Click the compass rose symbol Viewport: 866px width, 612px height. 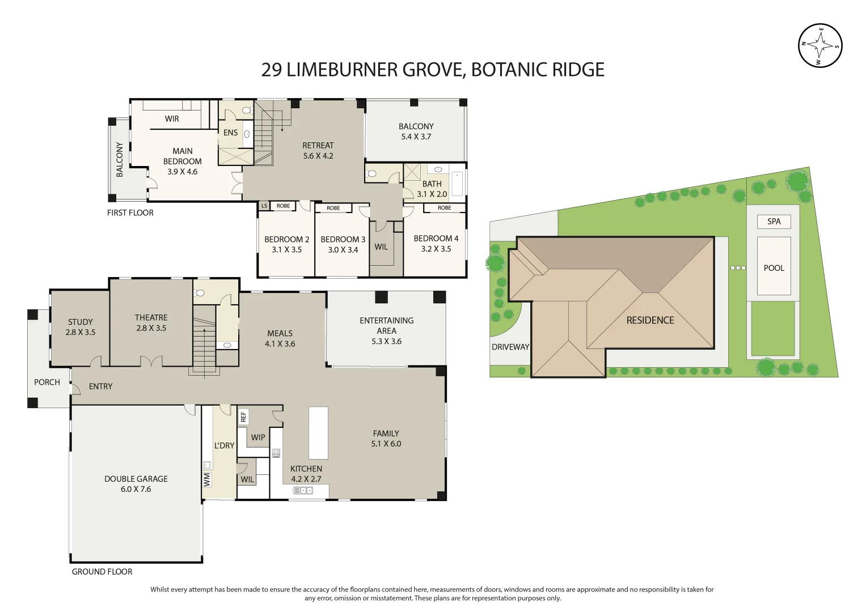point(820,46)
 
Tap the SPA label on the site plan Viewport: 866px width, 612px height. point(774,222)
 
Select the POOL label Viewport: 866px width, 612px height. point(774,268)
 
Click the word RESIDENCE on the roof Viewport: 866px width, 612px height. point(650,320)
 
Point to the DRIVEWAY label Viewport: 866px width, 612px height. point(510,347)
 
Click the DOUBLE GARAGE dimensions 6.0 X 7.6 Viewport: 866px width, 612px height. point(136,489)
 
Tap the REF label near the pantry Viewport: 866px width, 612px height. point(243,417)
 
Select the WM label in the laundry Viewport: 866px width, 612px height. point(207,480)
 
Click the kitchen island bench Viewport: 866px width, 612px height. point(318,433)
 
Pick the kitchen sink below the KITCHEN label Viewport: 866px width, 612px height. point(303,491)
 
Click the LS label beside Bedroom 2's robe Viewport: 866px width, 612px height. point(264,206)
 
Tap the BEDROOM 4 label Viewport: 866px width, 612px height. point(436,239)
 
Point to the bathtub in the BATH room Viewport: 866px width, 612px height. point(457,184)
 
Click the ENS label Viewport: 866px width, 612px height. point(230,133)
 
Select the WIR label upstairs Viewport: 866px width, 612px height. point(172,119)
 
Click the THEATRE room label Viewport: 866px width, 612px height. point(151,318)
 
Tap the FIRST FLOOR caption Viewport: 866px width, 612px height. point(130,213)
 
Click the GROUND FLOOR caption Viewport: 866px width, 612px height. point(102,572)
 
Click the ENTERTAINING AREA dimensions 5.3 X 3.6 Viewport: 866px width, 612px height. point(386,341)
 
